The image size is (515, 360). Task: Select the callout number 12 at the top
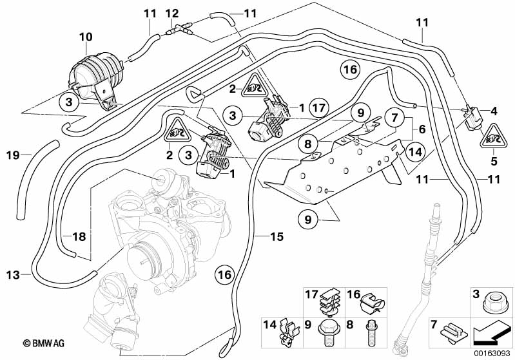point(172,13)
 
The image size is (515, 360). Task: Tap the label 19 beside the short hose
point(13,155)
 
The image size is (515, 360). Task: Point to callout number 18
point(78,237)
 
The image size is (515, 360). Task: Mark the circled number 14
point(414,152)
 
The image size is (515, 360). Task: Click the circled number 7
point(391,118)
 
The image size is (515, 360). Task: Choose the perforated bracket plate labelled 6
point(342,171)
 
